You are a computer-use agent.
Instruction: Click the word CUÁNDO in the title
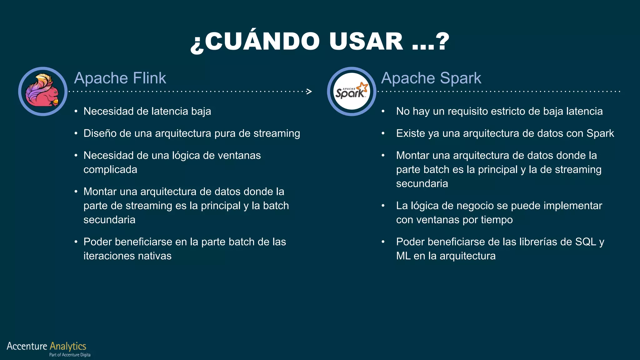[262, 41]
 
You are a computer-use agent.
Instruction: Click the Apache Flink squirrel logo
[42, 91]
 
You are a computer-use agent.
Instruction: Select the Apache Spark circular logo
[351, 91]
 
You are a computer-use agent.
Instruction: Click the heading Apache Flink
[120, 78]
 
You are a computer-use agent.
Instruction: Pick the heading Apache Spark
[431, 78]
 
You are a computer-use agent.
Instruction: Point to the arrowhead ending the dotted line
[309, 91]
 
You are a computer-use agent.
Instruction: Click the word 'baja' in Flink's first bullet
[201, 111]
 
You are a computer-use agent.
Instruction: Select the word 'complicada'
[110, 170]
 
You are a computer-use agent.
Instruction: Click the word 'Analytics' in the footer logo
[68, 346]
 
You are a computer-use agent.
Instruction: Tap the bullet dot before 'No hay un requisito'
[383, 112]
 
